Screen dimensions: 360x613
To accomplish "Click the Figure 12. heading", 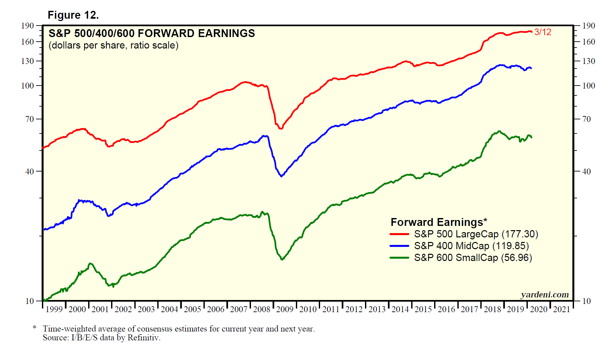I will point(73,15).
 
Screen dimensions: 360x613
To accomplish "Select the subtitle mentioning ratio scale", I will point(113,45).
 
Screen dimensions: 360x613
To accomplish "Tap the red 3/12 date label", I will point(543,32).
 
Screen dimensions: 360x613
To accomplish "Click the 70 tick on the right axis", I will point(586,119).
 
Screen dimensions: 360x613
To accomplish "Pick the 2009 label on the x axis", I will point(284,309).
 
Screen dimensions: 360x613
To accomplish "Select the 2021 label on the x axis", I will point(562,309).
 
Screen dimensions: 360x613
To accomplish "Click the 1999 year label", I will point(54,309).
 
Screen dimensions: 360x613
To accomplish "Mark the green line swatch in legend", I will point(399,258).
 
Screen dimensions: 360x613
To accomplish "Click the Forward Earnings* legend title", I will point(439,222).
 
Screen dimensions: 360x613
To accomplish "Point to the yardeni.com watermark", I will point(545,295).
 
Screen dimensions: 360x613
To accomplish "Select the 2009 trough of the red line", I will point(280,128).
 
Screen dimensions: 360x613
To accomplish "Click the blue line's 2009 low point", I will point(281,176).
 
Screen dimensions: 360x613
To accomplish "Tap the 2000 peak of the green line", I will point(91,264).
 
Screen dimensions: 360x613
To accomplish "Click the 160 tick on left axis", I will point(28,42).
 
